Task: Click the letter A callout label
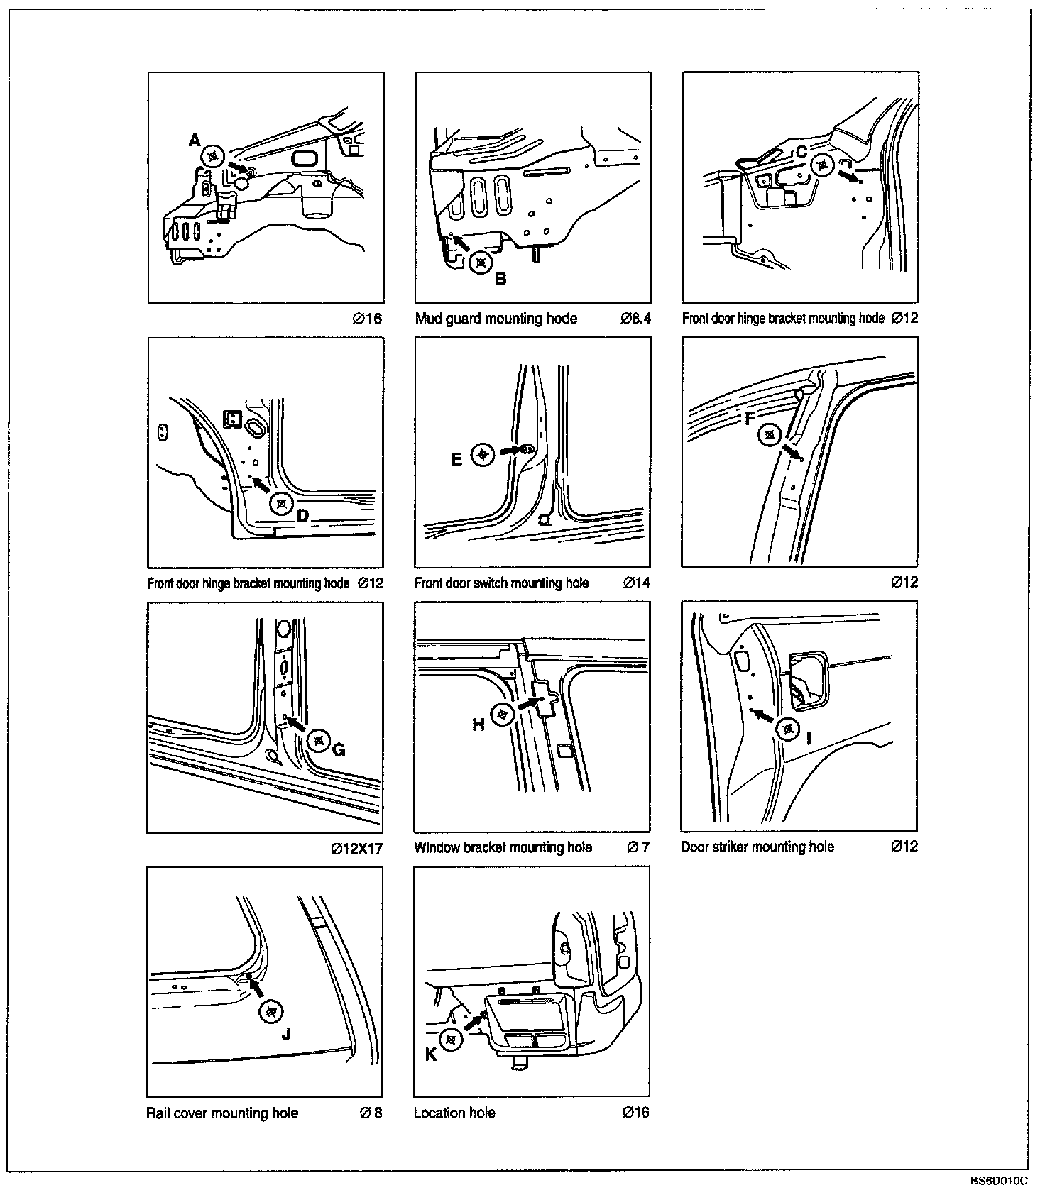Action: coord(195,141)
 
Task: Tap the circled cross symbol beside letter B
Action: coord(481,262)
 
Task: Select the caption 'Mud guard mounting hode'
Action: coord(496,319)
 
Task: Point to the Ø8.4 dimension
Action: coord(635,319)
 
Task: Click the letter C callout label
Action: coord(801,151)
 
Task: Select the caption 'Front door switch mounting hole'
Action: coord(501,583)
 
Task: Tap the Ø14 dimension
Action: coord(636,583)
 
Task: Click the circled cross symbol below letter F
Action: coord(770,434)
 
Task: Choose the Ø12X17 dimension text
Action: coord(356,849)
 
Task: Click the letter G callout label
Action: coord(339,750)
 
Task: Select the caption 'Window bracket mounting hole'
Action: coord(503,847)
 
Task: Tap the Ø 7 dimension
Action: coord(638,847)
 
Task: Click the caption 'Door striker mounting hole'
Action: coord(757,847)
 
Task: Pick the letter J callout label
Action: coord(286,1034)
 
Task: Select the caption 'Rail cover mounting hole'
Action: coord(222,1113)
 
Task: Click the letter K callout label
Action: coord(431,1055)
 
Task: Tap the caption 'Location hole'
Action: coord(454,1113)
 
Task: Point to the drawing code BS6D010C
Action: coord(999,1181)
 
